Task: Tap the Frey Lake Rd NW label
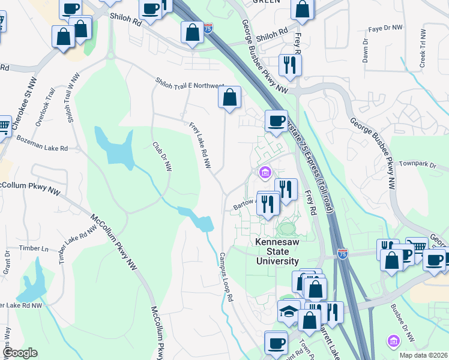coord(202,147)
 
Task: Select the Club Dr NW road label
coord(161,157)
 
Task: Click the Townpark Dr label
coord(416,163)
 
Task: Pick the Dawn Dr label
coord(365,52)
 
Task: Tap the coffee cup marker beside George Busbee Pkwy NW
coord(276,121)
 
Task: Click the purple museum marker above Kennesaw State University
coord(264,173)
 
